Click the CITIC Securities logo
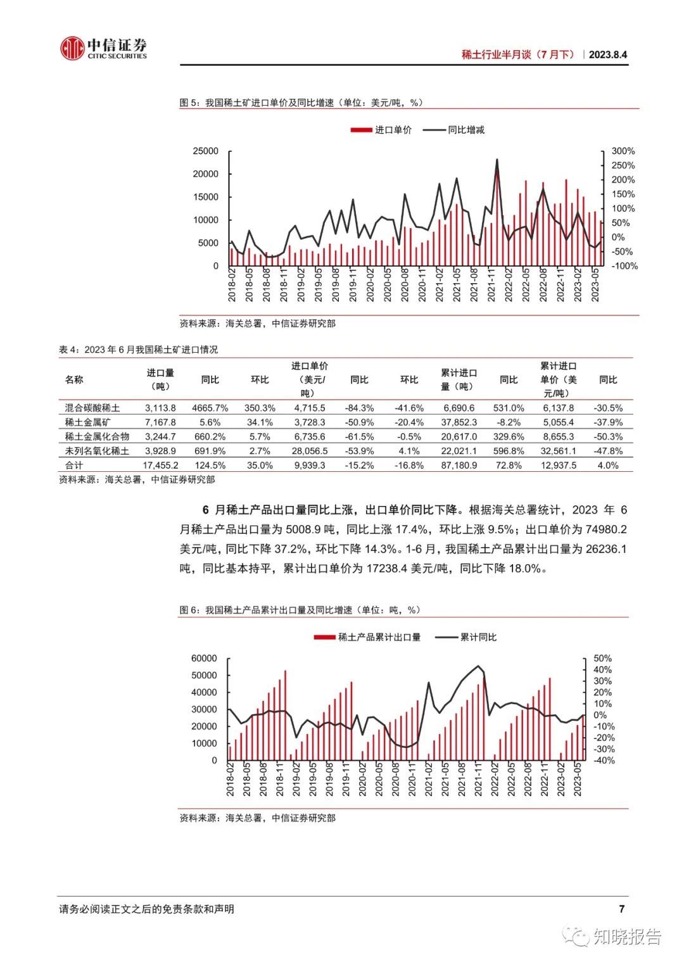tap(103, 48)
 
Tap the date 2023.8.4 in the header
tap(607, 54)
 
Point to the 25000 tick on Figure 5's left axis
tap(206, 151)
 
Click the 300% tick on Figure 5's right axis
tap(623, 151)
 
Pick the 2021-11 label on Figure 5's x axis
tap(491, 285)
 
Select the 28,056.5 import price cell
tap(310, 452)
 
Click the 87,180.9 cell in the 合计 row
tap(459, 465)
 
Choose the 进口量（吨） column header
tap(160, 380)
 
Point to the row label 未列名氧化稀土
tap(97, 452)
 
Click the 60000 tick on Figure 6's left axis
tap(204, 659)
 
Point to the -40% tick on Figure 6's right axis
tap(604, 761)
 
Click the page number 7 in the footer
tap(621, 909)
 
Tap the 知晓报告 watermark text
tap(627, 937)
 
